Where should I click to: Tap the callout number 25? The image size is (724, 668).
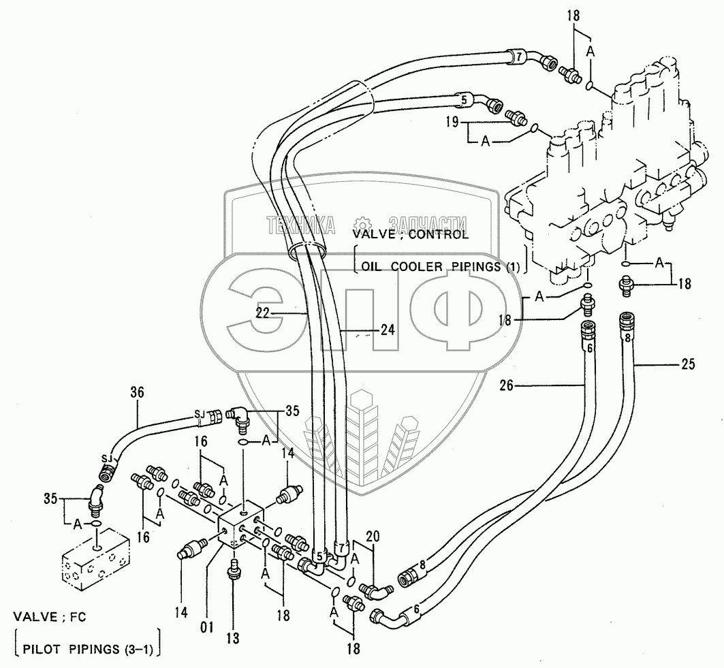point(687,365)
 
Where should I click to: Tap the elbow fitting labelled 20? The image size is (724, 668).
point(377,590)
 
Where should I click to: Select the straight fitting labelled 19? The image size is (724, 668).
point(518,119)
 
